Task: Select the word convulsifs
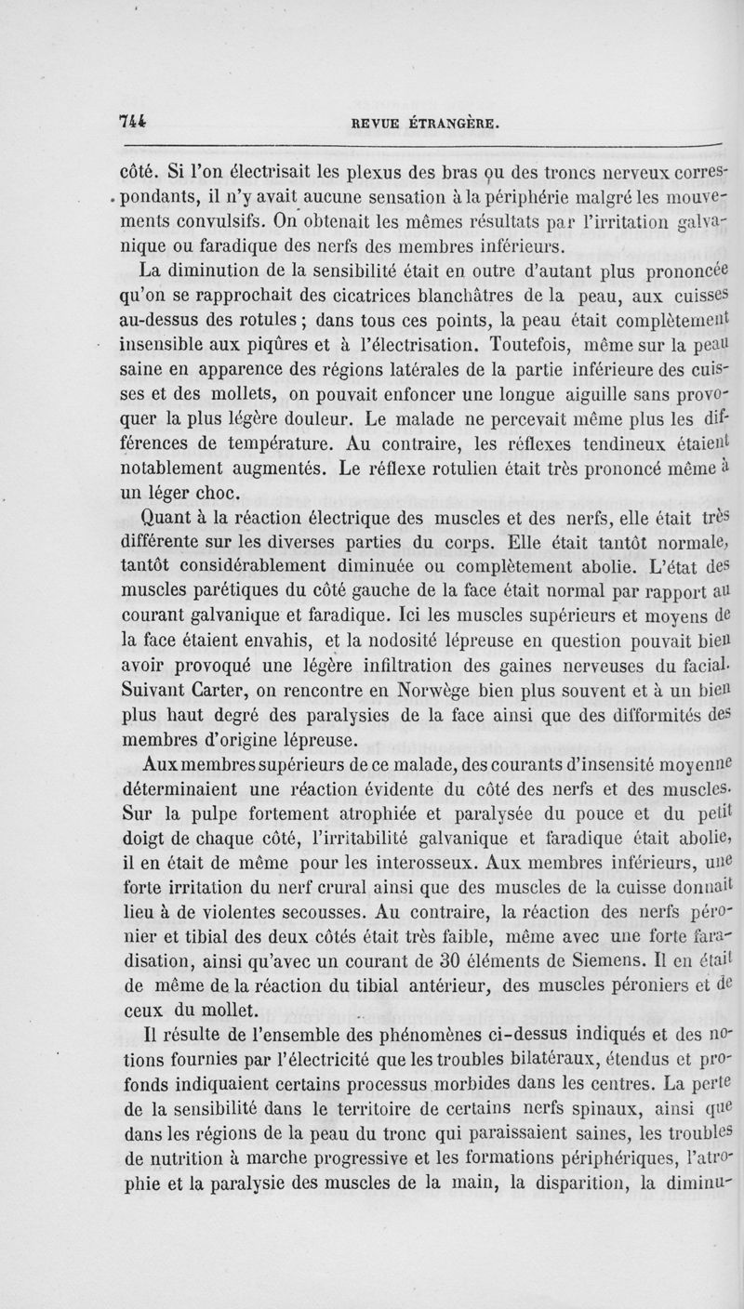click(246, 221)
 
